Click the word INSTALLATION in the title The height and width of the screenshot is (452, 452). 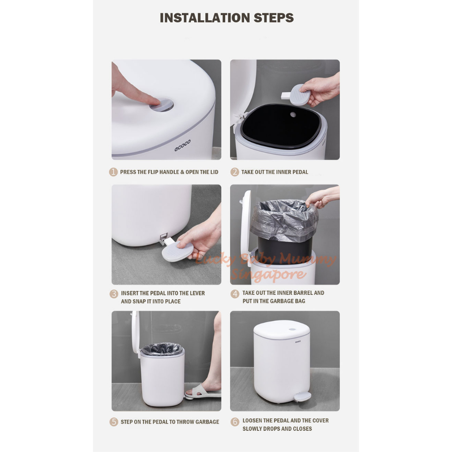[x=205, y=18]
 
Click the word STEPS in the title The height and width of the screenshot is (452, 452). [x=274, y=18]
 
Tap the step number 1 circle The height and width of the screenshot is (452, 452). [x=113, y=172]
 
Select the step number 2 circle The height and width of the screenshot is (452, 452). [x=235, y=172]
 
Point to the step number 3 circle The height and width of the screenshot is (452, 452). [x=114, y=294]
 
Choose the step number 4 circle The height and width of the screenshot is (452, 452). [x=235, y=294]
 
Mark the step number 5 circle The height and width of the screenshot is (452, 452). [x=114, y=422]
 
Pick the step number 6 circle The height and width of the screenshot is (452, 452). [x=235, y=422]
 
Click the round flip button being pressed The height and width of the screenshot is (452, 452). [x=162, y=105]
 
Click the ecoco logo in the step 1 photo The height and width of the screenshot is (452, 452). [x=182, y=145]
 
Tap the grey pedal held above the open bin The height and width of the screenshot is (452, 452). [x=295, y=94]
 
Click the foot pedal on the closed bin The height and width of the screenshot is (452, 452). [x=302, y=397]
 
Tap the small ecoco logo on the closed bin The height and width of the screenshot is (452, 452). [x=298, y=342]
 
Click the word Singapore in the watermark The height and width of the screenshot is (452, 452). [x=268, y=274]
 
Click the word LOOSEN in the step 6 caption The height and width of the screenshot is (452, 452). [x=252, y=421]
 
